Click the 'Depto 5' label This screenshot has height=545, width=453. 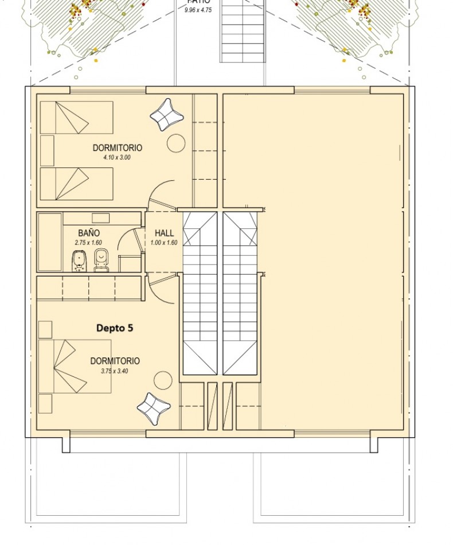point(115,328)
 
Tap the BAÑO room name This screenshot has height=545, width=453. point(89,233)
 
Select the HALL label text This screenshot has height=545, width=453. point(164,233)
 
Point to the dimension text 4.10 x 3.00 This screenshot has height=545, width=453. point(117,157)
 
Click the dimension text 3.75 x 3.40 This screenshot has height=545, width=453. point(114,371)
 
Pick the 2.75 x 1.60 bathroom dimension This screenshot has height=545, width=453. point(88,243)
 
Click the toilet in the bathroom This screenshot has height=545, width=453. point(101,260)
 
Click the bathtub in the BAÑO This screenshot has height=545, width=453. point(50,242)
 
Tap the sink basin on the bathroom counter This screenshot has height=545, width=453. point(100,218)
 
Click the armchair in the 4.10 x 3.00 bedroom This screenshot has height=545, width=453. point(167,115)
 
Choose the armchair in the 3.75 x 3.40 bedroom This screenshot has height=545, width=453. point(154,408)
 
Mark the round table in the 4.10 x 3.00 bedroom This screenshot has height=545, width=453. point(176,143)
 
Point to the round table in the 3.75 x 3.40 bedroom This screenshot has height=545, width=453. point(163,380)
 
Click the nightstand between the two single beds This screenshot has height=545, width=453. point(47,150)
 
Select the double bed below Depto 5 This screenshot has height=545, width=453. point(75,366)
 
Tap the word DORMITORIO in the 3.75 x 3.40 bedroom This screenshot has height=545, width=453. point(115,361)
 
